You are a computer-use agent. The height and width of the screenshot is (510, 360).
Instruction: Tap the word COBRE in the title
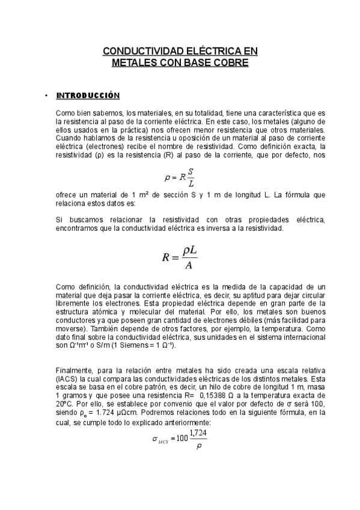point(227,62)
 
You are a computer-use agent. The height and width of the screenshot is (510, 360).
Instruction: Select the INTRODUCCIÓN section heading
point(88,96)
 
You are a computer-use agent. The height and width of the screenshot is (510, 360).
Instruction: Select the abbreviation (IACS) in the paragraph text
point(65,381)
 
